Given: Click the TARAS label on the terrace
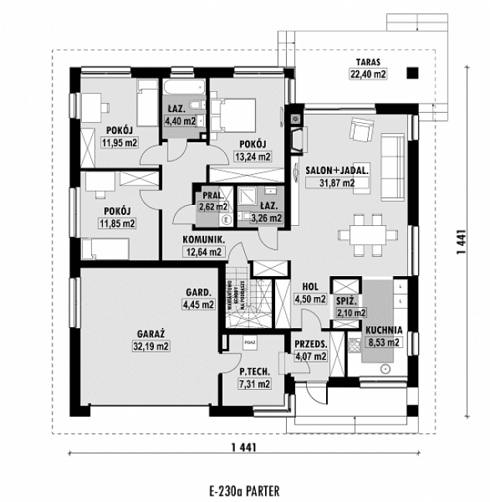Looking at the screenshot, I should [368, 63].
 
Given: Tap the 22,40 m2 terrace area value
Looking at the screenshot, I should [368, 74].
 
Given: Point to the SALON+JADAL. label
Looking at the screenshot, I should [336, 170].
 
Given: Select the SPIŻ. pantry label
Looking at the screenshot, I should [345, 299].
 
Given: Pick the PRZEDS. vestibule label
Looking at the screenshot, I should [311, 345].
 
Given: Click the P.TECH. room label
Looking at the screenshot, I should [254, 372].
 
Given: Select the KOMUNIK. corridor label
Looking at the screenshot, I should [203, 240].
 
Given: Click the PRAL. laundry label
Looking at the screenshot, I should [212, 196].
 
